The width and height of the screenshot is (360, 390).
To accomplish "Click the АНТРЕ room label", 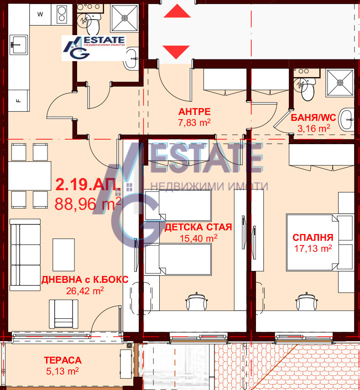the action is [194, 112].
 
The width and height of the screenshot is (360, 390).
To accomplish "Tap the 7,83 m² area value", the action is [194, 122].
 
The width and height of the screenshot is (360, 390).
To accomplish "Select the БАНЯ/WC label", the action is [313, 117].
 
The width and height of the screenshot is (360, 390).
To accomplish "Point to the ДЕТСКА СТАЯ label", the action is [198, 227].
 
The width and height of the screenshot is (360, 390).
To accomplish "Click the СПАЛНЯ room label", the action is [313, 238].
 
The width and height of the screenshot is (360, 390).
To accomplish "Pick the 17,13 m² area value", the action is [313, 248].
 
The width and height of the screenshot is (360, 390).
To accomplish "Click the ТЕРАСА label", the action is [63, 360].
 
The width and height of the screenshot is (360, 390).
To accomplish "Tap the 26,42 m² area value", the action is [85, 291].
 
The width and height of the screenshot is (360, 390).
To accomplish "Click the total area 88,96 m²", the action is [88, 204].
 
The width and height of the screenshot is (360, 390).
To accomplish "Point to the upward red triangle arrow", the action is [177, 11].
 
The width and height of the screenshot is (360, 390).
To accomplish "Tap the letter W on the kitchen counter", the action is [40, 14].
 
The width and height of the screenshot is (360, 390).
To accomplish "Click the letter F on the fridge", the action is [18, 101].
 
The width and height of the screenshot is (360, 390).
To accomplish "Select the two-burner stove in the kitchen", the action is [62, 14].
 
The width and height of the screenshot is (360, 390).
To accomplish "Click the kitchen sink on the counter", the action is [19, 45].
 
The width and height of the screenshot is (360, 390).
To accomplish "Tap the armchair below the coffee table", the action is [63, 314].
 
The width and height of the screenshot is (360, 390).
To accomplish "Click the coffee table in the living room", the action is [63, 255].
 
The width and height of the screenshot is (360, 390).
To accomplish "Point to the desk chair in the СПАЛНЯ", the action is [307, 301].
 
